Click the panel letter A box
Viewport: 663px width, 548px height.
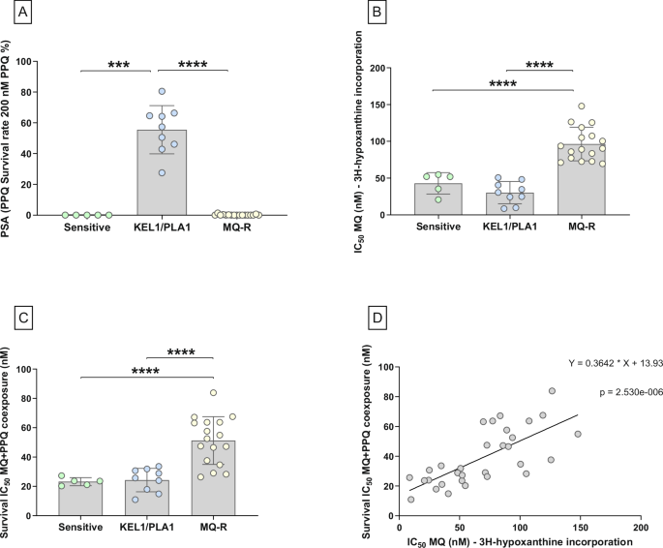(15, 15)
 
